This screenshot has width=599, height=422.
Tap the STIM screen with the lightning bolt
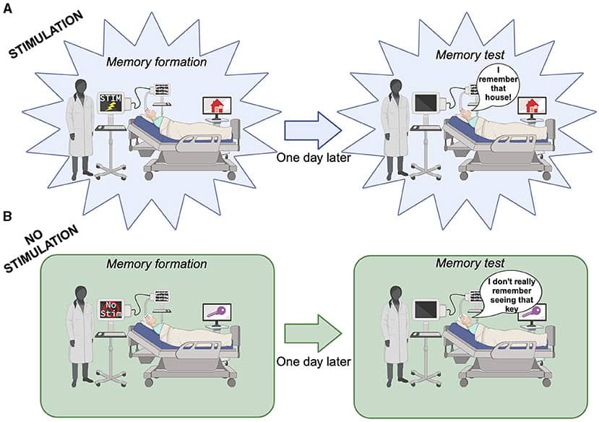tap(113, 104)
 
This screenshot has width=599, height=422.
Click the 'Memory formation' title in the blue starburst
tap(157, 61)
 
